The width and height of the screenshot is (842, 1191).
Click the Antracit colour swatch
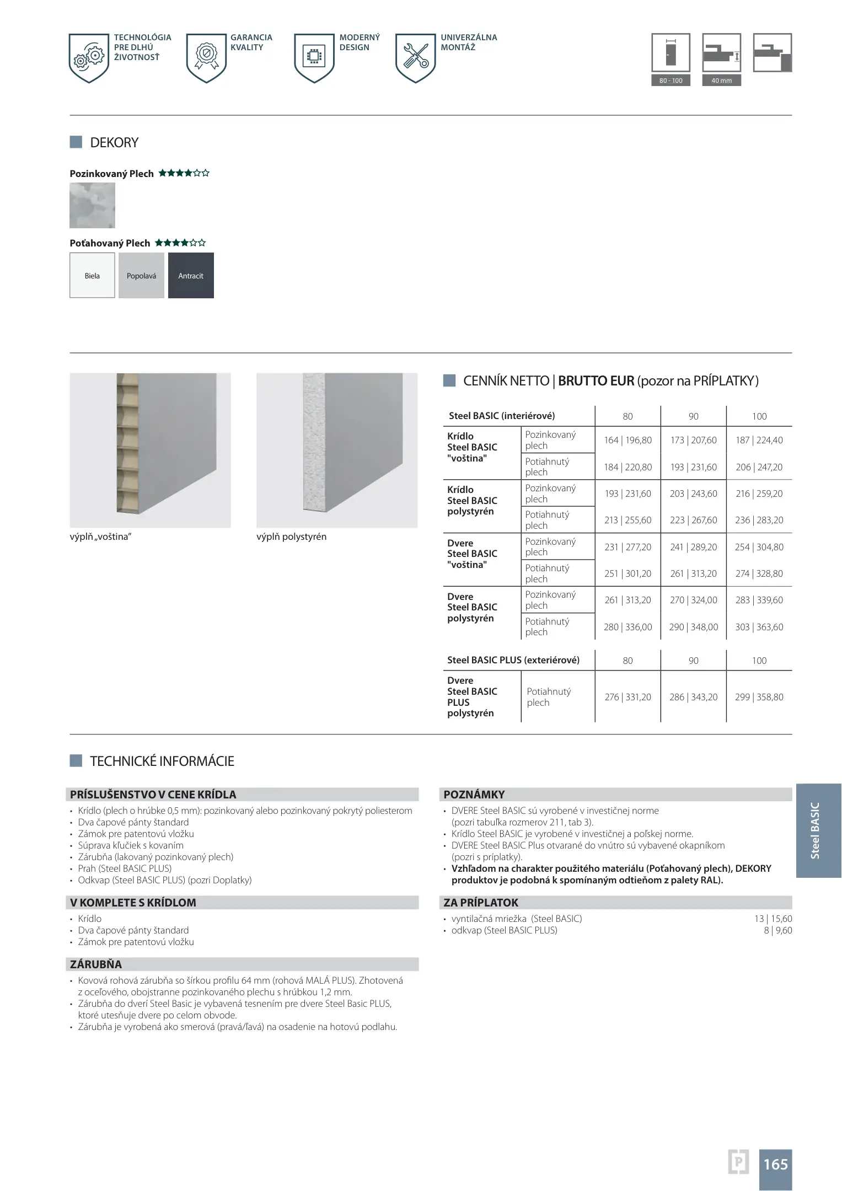tap(191, 276)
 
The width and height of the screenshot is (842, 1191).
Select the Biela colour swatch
tap(92, 276)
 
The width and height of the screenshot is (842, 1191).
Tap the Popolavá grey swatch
tap(141, 276)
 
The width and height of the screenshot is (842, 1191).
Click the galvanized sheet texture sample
tap(92, 206)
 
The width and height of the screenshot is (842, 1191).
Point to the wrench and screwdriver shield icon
tap(416, 58)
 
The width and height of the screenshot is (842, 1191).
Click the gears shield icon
tap(89, 58)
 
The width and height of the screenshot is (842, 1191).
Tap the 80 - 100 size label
tap(671, 81)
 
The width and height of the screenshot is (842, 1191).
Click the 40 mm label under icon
tap(721, 81)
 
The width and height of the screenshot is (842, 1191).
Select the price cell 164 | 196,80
tap(628, 440)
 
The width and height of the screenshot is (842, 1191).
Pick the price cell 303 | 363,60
tap(759, 627)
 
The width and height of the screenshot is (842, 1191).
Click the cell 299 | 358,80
tap(759, 697)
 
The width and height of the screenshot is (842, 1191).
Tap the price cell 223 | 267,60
tap(693, 520)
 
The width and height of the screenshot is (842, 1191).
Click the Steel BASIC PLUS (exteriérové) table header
tap(513, 660)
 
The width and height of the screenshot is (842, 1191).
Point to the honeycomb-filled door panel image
tap(150, 450)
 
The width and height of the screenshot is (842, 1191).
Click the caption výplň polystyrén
tap(291, 537)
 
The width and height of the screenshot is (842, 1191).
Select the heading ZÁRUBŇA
tap(96, 964)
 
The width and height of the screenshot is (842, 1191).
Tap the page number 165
tap(775, 1165)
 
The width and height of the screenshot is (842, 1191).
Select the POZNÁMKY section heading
tap(474, 795)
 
